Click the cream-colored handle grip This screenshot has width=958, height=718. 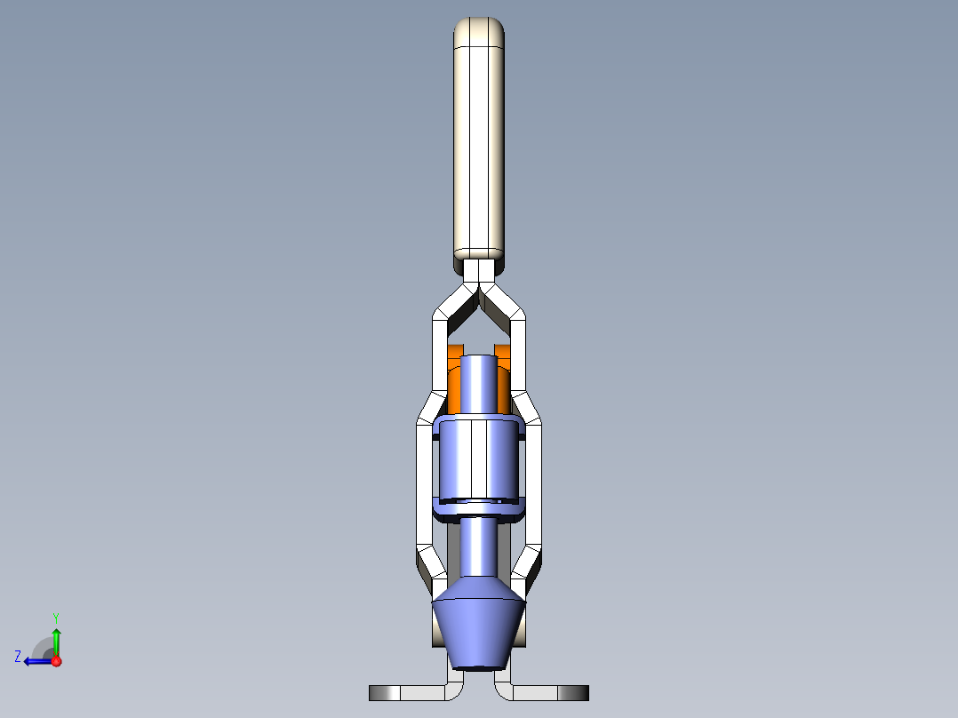pyautogui.click(x=479, y=147)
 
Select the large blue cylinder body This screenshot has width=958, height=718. pyautogui.click(x=479, y=465)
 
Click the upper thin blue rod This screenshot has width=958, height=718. pyautogui.click(x=479, y=384)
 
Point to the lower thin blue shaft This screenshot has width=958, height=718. pyautogui.click(x=479, y=546)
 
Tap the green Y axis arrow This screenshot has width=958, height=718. pyautogui.click(x=56, y=641)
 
